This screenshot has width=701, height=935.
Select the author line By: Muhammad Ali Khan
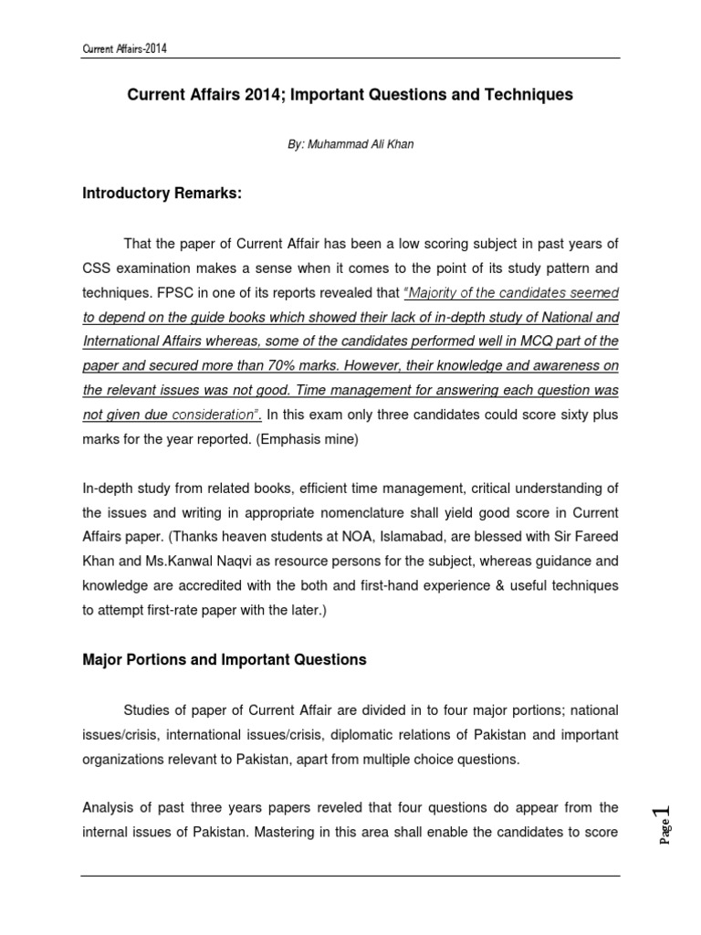coord(350,144)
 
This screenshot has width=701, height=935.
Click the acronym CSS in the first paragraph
coord(97,268)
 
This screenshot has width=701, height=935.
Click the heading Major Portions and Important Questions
coord(225,659)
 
